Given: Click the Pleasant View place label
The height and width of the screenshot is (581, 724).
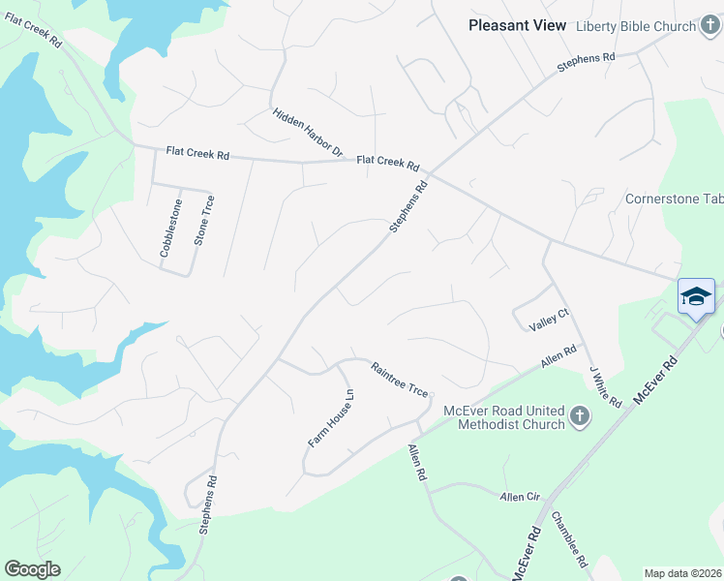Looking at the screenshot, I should tap(517, 25).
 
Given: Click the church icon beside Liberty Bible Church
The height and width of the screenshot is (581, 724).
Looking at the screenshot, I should tap(710, 26).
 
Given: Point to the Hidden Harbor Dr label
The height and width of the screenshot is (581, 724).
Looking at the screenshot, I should tap(308, 132).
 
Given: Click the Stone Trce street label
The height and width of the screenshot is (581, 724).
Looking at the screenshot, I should tap(204, 220).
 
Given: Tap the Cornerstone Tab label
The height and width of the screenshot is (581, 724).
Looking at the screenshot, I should tap(674, 199).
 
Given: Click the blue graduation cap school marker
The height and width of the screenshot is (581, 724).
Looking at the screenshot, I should tap(696, 297).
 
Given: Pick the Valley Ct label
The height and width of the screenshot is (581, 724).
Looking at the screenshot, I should tap(548, 321).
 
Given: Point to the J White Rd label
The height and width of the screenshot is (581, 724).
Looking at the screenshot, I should tap(605, 386).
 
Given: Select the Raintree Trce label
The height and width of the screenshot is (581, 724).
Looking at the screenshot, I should tap(399, 378).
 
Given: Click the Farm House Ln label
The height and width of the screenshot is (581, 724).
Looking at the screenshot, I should tap(332, 417).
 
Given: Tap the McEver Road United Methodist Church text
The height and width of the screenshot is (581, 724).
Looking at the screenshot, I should tap(503, 417).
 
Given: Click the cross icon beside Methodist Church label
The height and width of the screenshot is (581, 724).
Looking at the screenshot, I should tap(580, 417).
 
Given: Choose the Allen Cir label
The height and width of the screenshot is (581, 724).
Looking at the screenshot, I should tap(519, 497).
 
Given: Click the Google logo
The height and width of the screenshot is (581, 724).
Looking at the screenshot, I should tap(32, 569).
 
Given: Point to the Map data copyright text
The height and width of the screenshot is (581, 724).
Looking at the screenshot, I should tap(682, 573).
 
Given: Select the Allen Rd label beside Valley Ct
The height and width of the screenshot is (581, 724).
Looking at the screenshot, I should tap(558, 355).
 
